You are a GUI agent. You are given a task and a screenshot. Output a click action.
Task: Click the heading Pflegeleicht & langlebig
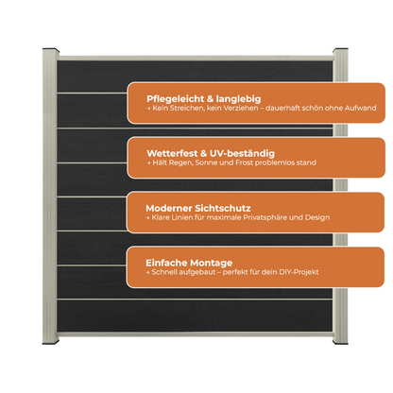pos(204,99)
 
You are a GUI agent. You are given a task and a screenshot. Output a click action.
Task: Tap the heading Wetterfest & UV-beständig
pos(211,153)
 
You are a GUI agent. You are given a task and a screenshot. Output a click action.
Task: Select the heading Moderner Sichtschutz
pos(198,208)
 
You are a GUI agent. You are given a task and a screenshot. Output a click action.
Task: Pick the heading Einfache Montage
pos(189,263)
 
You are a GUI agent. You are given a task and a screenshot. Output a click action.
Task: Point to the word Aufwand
pos(360,108)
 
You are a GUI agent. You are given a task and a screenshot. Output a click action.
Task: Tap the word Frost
pos(245,162)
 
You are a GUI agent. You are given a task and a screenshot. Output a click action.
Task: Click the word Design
pos(317,217)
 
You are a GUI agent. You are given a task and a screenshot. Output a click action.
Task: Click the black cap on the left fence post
pos(51,50)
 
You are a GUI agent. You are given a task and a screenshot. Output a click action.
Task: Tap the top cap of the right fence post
pos(340,50)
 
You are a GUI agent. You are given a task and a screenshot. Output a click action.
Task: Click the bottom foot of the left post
pos(50,342)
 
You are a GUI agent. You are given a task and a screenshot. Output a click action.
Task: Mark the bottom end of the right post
pos(340,342)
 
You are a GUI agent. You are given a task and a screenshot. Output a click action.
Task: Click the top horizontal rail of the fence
pos(196,59)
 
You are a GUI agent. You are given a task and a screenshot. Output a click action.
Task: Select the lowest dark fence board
pos(195,316)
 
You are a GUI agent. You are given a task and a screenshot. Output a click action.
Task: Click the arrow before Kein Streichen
pos(148,109)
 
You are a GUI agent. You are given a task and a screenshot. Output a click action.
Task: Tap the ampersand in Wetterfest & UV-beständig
pos(203,154)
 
